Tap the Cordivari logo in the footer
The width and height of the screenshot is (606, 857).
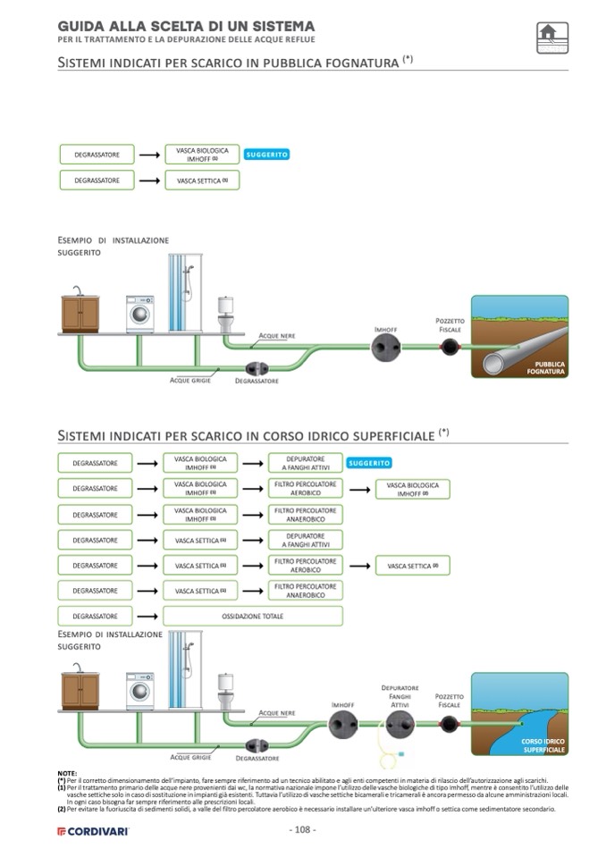pos(93,831)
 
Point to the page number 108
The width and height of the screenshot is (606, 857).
pos(303,829)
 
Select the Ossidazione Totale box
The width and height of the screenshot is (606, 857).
pos(253,616)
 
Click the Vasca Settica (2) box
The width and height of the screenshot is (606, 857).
pos(412,566)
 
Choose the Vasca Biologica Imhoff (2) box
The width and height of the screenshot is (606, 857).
pos(412,489)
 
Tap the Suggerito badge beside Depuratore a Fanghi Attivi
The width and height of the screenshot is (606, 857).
pos(369,463)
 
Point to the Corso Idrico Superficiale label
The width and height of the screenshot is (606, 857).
pos(543,745)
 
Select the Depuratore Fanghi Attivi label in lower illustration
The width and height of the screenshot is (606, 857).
pos(400,696)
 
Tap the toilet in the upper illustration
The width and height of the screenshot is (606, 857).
pos(226,314)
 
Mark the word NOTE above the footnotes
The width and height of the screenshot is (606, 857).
pos(66,772)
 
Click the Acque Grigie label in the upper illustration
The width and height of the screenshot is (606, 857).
pos(190,380)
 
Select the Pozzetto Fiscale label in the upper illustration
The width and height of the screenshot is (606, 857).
pos(450,324)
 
